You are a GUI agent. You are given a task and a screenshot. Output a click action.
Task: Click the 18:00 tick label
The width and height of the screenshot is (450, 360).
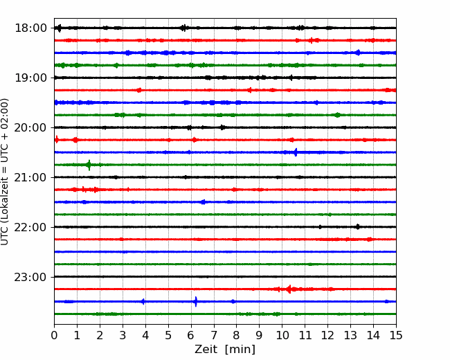30,28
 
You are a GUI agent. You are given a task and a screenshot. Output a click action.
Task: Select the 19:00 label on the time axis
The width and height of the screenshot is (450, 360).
30,78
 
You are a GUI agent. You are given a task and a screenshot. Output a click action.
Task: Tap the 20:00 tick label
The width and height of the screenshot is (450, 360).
30,127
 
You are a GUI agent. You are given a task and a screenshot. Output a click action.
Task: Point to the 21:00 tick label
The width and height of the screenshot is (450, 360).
30,177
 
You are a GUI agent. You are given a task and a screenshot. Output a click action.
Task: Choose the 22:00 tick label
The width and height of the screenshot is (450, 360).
30,227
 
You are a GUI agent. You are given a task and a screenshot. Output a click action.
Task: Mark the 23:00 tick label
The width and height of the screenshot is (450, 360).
30,277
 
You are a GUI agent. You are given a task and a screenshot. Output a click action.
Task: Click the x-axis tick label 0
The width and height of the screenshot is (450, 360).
54,335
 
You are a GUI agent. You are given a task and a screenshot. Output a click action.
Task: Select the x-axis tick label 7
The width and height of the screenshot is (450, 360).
214,335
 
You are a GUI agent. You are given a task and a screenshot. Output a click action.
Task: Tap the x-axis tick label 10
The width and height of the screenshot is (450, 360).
282,335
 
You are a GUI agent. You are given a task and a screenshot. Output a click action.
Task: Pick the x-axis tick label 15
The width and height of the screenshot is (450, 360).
396,335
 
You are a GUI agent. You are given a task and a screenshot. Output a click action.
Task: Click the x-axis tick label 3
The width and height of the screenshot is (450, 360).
123,335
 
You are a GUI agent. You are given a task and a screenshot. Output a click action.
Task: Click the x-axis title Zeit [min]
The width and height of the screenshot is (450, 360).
225,350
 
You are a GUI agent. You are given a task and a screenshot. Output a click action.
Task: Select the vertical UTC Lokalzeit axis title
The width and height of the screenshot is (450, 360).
5,172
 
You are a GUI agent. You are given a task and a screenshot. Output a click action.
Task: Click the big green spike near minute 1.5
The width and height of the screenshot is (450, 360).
89,165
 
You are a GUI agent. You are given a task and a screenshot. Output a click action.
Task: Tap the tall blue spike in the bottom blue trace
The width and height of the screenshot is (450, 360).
196,301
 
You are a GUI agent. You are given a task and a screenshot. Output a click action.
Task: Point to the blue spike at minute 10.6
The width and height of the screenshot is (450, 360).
296,152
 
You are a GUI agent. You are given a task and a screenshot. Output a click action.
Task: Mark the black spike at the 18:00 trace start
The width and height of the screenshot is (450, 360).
60,28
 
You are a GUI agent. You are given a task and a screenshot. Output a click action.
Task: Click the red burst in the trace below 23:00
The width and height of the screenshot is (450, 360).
289,289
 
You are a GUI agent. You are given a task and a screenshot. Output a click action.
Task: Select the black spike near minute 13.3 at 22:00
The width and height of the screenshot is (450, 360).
358,227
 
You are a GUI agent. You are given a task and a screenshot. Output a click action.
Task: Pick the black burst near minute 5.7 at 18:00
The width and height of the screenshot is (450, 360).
183,28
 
